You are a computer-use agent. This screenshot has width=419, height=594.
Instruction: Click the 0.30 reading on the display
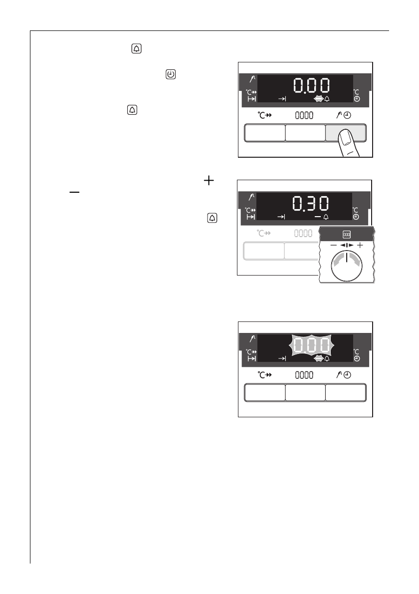click(x=310, y=204)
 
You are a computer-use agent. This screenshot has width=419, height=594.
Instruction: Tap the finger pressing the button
click(x=348, y=143)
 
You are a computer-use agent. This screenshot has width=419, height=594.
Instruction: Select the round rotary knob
click(x=346, y=266)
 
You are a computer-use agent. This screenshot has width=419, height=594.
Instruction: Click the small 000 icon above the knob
click(x=346, y=235)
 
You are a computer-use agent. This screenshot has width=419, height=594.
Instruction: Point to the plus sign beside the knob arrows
click(x=360, y=245)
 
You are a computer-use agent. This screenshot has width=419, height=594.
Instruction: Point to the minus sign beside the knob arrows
click(x=334, y=246)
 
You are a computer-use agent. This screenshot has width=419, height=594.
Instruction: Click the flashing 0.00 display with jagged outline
click(x=310, y=345)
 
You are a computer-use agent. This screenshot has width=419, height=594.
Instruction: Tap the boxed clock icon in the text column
click(x=171, y=74)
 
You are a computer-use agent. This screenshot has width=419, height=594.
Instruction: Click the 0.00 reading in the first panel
click(x=311, y=86)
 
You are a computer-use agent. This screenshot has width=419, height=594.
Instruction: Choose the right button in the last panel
click(x=346, y=392)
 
